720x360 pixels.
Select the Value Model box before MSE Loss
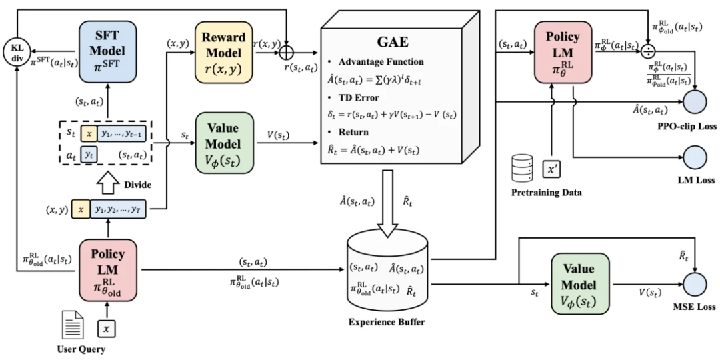pos(581,284)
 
